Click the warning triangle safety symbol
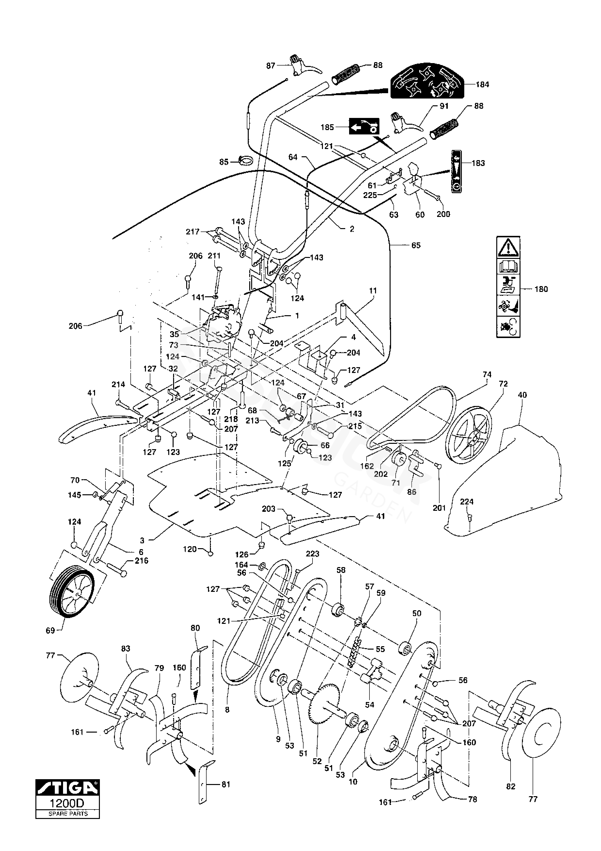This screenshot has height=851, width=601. tap(508, 247)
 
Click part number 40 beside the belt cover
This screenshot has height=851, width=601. tap(522, 395)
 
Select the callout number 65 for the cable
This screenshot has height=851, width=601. tap(416, 245)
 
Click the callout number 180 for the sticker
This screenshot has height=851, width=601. tap(541, 289)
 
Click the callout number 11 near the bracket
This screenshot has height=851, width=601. tap(373, 291)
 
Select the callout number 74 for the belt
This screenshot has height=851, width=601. tap(487, 375)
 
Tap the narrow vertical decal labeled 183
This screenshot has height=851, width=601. tap(457, 171)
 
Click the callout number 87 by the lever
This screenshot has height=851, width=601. tap(271, 66)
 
